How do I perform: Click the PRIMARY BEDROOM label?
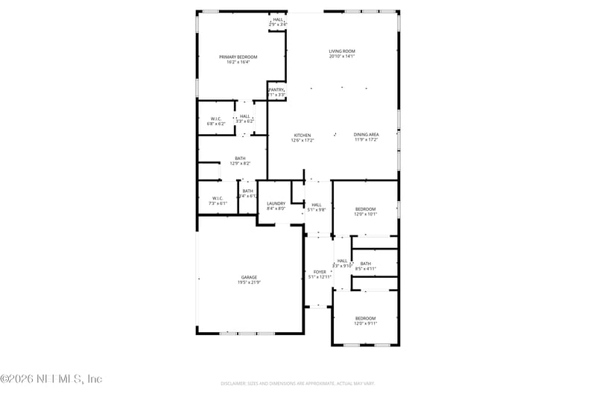(238, 57)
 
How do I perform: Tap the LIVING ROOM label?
(342, 51)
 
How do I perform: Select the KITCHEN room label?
(302, 135)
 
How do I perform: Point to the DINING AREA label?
(366, 135)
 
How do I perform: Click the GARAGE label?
(249, 277)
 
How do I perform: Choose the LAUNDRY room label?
(276, 203)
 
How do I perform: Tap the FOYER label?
(320, 272)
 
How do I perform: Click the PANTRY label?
(276, 89)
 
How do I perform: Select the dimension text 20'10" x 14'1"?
(342, 56)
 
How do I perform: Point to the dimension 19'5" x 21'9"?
(249, 282)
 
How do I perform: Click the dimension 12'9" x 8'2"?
(240, 163)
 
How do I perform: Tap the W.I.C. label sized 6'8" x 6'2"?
(216, 118)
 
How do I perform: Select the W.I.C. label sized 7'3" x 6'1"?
(217, 197)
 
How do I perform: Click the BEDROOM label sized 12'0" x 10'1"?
(365, 209)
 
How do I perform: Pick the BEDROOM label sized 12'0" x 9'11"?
(365, 317)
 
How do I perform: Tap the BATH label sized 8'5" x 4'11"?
(365, 263)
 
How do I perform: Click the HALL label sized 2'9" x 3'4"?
(278, 19)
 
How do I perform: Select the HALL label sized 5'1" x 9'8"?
(317, 205)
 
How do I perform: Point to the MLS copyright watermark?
(51, 379)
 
